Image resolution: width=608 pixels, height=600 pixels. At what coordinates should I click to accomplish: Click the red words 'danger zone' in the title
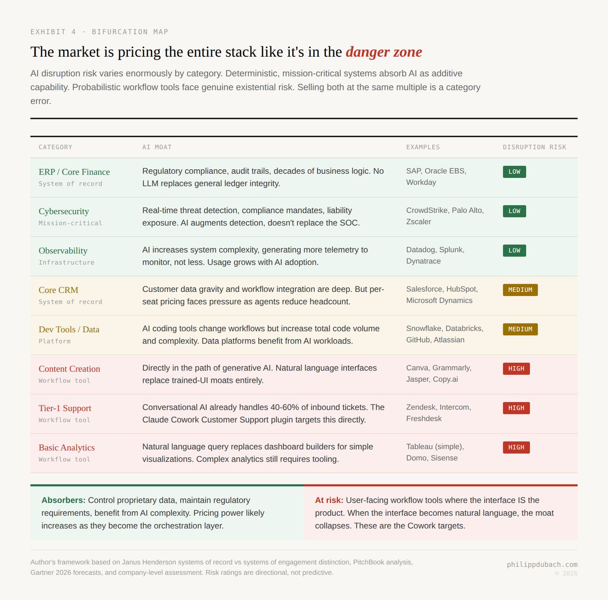384,52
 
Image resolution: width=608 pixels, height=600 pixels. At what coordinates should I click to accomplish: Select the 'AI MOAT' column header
157,147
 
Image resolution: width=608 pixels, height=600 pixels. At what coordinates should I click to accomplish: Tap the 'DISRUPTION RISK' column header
534,147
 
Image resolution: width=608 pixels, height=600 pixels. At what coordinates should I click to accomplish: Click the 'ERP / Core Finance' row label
74,172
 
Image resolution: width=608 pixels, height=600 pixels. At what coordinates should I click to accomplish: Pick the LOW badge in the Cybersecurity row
514,211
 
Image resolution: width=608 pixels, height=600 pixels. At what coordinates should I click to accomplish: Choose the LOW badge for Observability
514,250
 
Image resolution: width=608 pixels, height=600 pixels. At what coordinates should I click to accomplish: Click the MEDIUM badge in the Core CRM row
520,290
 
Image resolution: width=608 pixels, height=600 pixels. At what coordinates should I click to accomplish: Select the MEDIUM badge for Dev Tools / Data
520,329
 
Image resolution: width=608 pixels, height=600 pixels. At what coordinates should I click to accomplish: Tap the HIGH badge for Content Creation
516,368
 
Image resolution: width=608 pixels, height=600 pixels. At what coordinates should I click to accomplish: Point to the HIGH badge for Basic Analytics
516,447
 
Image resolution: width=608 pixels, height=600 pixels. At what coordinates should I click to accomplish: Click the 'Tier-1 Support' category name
65,408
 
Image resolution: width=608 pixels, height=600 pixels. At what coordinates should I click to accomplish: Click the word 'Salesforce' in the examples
424,289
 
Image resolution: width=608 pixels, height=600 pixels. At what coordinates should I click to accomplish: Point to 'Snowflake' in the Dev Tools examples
424,328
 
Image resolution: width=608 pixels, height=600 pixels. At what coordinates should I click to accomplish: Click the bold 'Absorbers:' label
63,500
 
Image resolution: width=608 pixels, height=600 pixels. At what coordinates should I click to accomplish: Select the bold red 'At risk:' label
329,500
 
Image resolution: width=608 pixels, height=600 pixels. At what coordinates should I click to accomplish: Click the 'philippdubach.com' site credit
542,565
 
